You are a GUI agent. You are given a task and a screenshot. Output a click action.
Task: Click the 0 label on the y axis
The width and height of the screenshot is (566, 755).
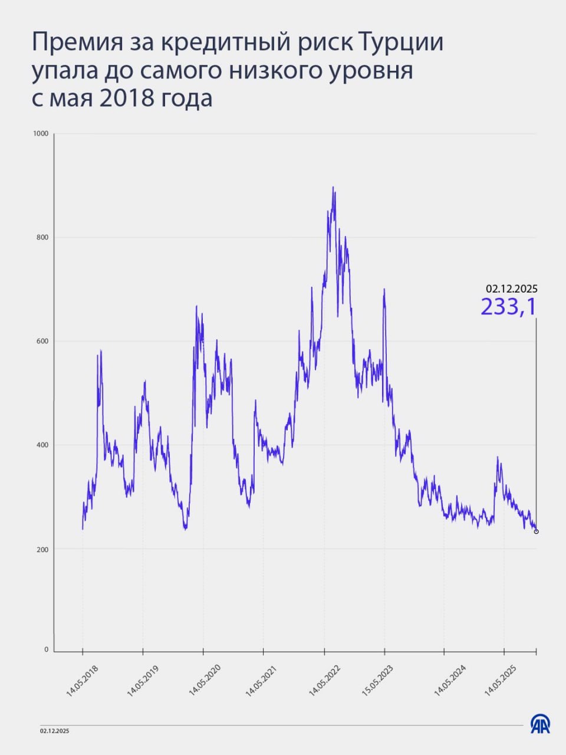click(x=46, y=650)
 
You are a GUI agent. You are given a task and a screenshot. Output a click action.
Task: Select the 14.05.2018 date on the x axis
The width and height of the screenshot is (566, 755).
click(x=83, y=681)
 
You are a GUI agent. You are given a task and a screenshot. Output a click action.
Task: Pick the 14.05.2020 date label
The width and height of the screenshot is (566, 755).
click(x=204, y=681)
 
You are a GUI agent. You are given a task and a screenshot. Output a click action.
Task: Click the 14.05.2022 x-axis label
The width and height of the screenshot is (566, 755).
click(x=325, y=681)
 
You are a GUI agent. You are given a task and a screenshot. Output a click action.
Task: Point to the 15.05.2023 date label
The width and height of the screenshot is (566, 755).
click(x=377, y=681)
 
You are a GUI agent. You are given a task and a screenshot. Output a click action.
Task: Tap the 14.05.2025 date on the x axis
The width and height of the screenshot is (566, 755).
click(x=501, y=681)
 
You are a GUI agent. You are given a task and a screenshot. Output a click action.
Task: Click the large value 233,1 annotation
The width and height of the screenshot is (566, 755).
click(x=508, y=307)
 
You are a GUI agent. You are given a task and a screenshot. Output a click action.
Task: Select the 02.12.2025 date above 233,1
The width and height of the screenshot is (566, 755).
click(x=511, y=289)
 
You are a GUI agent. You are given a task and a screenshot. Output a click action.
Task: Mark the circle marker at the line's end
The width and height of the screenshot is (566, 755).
click(x=536, y=531)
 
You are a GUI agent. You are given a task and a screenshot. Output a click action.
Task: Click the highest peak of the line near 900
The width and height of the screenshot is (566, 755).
click(x=333, y=188)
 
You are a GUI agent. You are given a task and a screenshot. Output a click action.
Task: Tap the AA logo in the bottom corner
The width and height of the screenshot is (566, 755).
click(x=540, y=724)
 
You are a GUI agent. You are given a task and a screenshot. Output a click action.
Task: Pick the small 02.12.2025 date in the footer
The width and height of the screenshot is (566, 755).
click(x=55, y=731)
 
